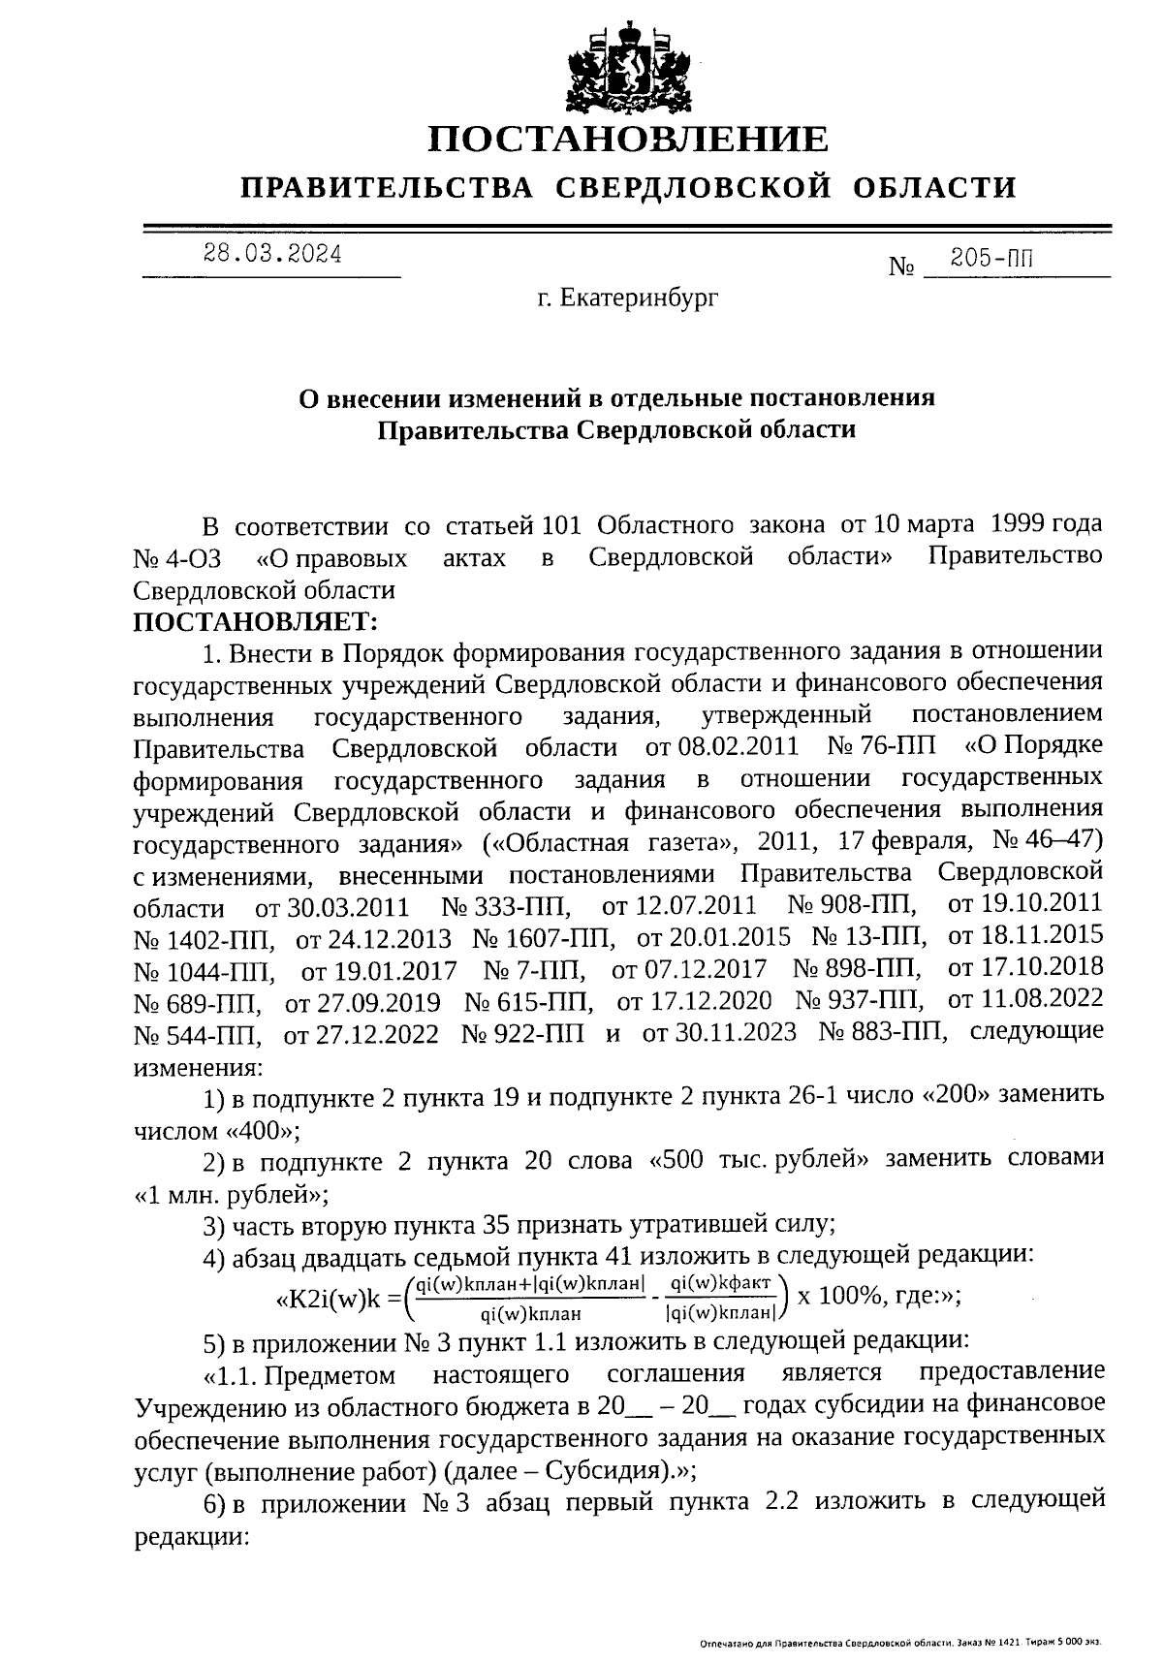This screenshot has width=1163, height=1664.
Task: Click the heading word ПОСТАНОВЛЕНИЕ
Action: tap(629, 139)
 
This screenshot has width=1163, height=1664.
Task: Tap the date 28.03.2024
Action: tap(271, 254)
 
